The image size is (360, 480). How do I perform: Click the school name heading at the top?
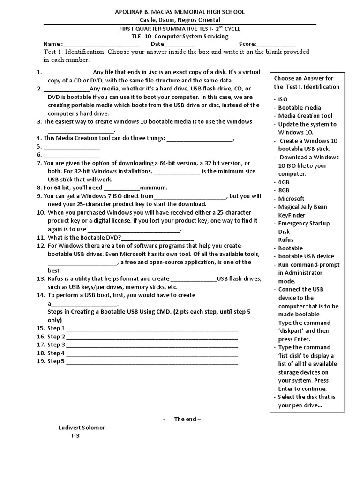coord(180,11)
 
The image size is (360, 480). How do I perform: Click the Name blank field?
coord(101,45)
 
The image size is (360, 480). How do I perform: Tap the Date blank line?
coord(180,45)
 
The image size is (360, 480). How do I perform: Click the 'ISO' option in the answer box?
coord(283,99)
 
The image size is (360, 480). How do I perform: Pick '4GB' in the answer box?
coord(284,182)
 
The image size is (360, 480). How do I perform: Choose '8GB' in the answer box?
coord(284,190)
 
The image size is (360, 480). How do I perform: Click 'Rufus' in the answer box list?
coord(286,240)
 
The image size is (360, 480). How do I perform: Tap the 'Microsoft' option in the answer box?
coord(291,199)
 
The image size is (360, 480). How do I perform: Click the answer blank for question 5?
coord(71,147)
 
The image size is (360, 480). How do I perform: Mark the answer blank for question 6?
coord(71,155)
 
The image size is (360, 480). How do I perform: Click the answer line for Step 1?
coord(152,329)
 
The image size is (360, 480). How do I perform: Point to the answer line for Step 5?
coord(152,361)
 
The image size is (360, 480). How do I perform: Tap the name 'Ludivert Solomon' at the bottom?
coord(82,427)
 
